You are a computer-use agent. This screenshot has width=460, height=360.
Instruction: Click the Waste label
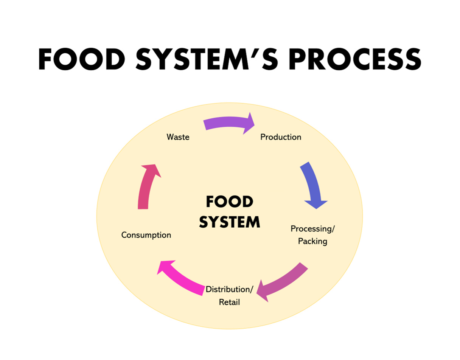[x=178, y=137]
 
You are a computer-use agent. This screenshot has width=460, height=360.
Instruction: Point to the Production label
[x=281, y=137]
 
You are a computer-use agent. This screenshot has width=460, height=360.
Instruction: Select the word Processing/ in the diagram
[x=312, y=229]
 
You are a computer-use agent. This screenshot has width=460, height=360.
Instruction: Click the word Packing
[x=312, y=241]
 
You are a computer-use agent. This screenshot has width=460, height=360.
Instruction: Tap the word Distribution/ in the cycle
[x=229, y=290]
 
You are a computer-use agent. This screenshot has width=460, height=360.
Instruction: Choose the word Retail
[x=229, y=303]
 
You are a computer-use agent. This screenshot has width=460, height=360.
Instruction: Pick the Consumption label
[x=146, y=235]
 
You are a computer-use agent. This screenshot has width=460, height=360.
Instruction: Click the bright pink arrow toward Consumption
[x=182, y=278]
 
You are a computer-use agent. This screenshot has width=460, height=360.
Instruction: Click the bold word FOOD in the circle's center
[x=229, y=202]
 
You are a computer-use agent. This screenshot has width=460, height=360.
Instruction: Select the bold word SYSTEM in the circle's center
[x=229, y=222]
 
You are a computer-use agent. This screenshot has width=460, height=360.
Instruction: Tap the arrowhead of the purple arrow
[x=249, y=123]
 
